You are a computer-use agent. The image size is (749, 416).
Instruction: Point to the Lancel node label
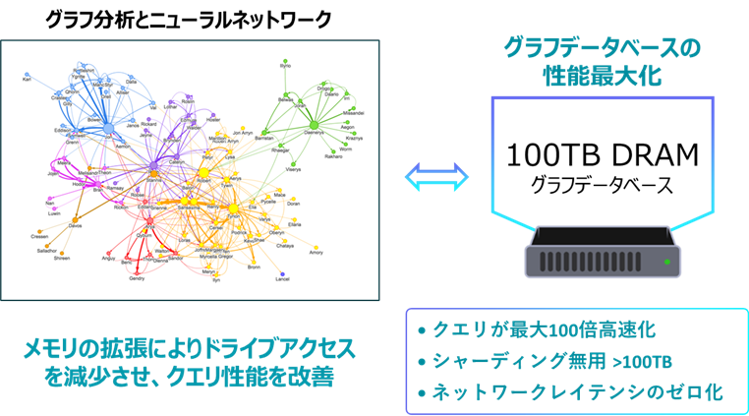[x=283, y=279]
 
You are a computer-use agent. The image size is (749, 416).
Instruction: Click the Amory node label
[x=316, y=253]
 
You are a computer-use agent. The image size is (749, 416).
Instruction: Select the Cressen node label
[x=39, y=237]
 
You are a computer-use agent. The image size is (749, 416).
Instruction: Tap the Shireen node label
[x=61, y=258]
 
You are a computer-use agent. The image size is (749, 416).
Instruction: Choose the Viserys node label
[x=294, y=170]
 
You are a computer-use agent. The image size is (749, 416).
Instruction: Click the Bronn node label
[x=254, y=267]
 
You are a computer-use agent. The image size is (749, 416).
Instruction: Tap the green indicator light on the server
[x=668, y=262]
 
